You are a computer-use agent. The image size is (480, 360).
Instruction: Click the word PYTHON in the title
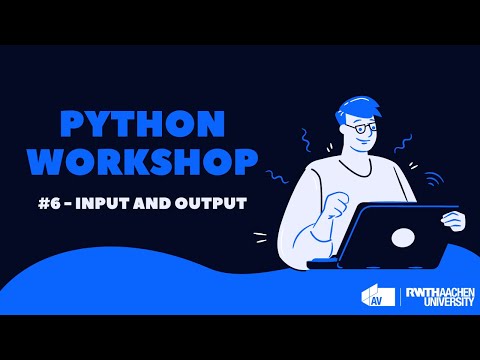140,123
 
